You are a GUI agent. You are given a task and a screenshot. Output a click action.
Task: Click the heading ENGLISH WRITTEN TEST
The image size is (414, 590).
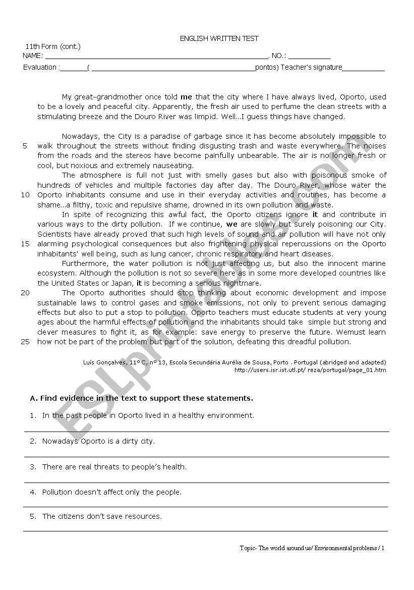[219, 38]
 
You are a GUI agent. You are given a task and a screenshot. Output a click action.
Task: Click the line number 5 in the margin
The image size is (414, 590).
[25, 146]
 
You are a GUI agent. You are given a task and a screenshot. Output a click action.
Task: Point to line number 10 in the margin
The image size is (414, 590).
[25, 195]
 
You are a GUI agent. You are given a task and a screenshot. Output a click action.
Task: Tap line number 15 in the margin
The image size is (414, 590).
[25, 244]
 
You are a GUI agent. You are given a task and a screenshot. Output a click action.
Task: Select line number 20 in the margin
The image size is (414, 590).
[25, 293]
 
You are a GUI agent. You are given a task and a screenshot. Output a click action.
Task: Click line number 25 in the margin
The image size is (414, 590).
[25, 342]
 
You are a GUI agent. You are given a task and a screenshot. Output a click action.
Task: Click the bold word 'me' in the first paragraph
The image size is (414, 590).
[187, 97]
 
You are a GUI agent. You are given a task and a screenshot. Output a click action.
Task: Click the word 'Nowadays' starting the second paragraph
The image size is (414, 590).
[81, 136]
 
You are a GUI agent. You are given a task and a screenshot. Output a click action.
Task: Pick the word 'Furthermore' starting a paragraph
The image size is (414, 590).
[85, 263]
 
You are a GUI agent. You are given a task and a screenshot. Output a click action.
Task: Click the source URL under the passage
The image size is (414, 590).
[310, 370]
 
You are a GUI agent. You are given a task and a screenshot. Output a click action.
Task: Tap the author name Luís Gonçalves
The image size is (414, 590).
[104, 362]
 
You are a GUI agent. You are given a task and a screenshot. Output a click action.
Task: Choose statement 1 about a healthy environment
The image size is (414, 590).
[148, 415]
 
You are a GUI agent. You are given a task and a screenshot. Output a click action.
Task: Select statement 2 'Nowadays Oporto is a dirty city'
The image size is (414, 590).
[98, 441]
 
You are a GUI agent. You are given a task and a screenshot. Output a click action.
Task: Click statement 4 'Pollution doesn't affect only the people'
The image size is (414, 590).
[112, 492]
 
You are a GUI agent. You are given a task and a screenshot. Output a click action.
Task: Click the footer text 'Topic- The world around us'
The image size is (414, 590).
[276, 548]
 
